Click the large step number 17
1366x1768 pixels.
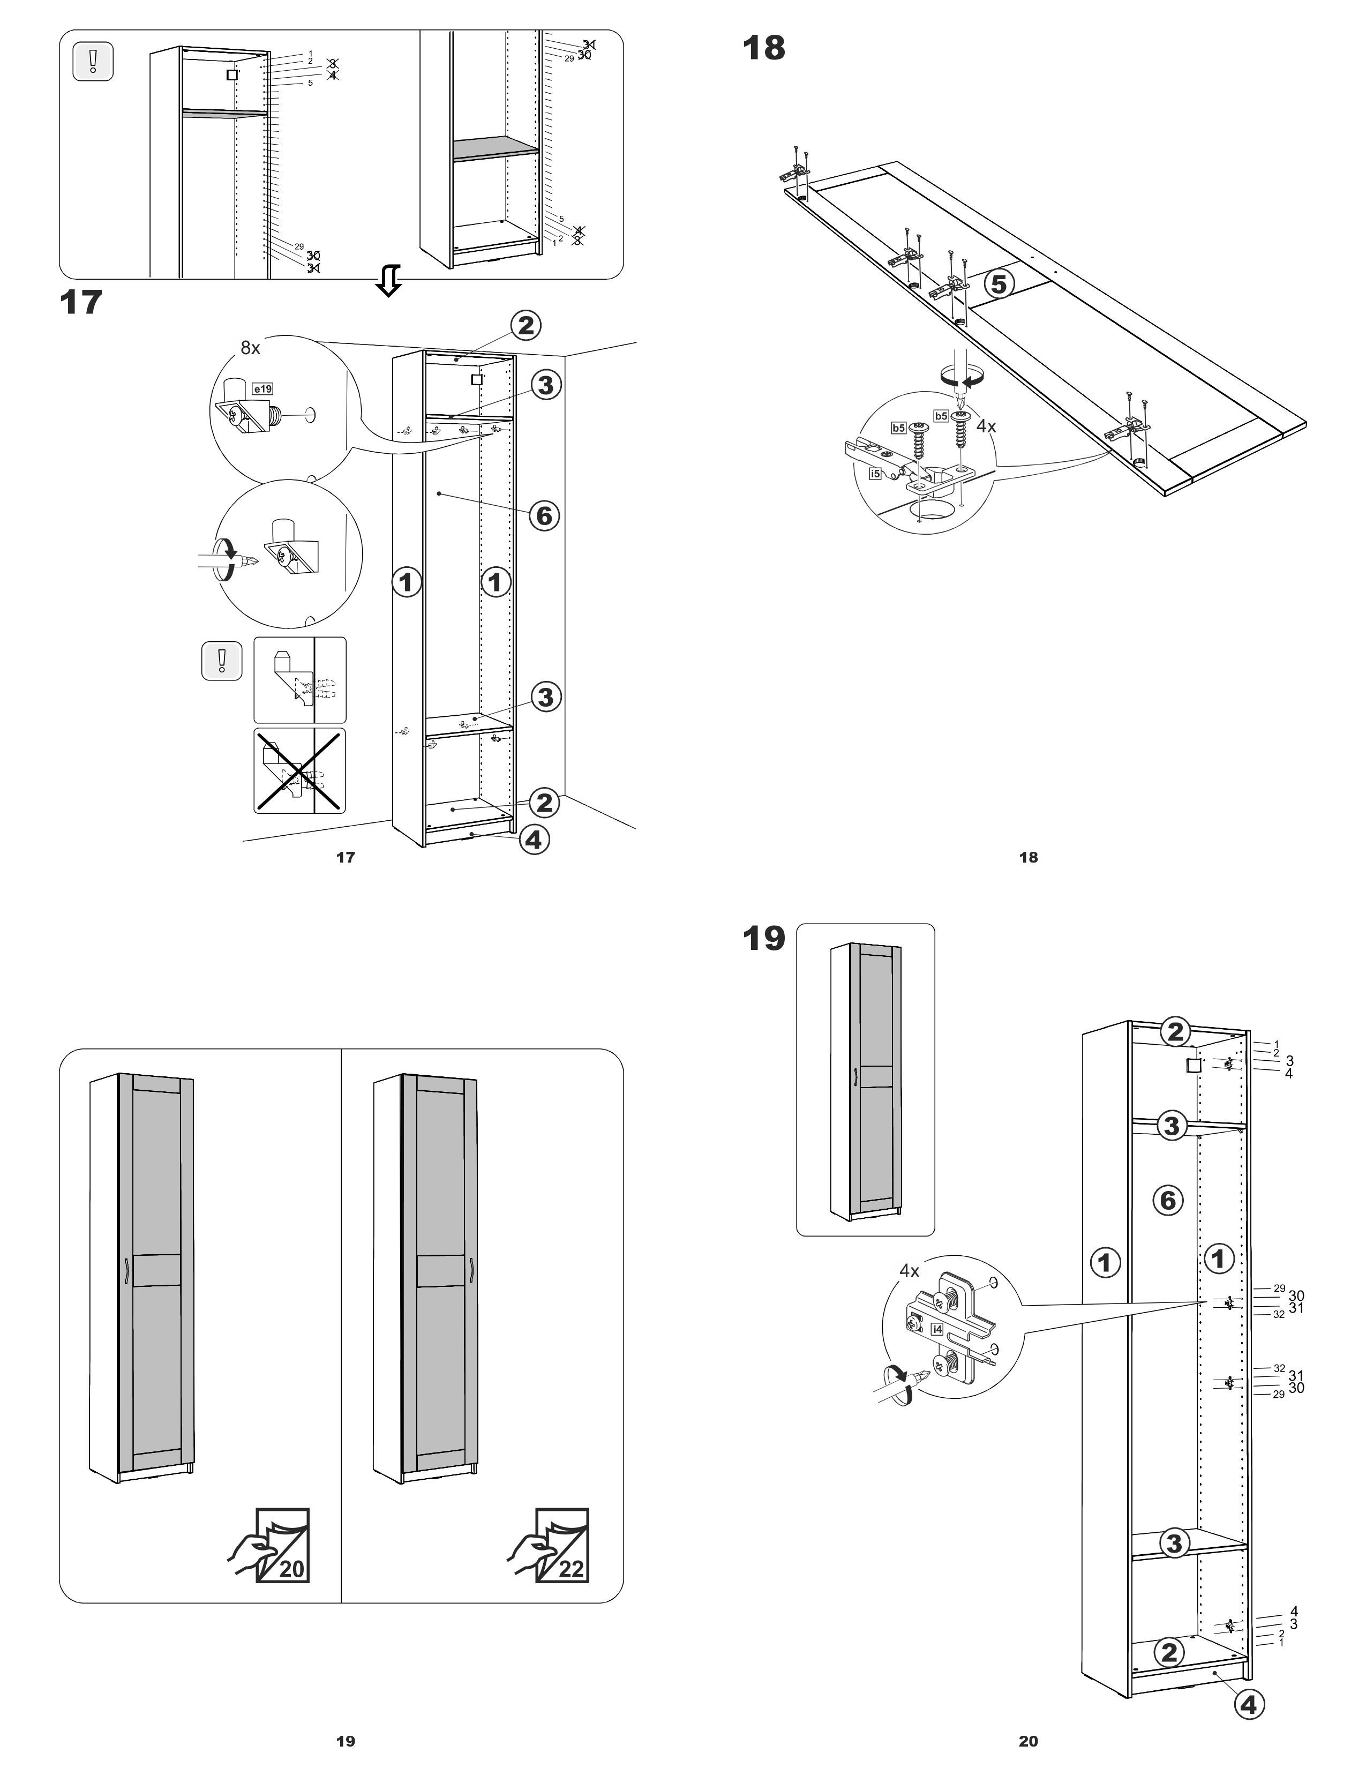[81, 303]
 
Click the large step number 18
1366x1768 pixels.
[763, 49]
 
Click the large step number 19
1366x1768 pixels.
[763, 938]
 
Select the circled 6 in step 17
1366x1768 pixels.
[545, 515]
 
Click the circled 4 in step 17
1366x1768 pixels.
[532, 840]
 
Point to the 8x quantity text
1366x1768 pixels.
[250, 348]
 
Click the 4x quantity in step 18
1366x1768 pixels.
[986, 426]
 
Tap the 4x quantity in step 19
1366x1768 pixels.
[910, 1271]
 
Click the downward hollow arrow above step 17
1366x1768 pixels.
[389, 280]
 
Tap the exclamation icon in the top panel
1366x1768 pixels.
[93, 62]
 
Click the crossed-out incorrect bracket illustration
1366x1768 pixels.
[299, 770]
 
